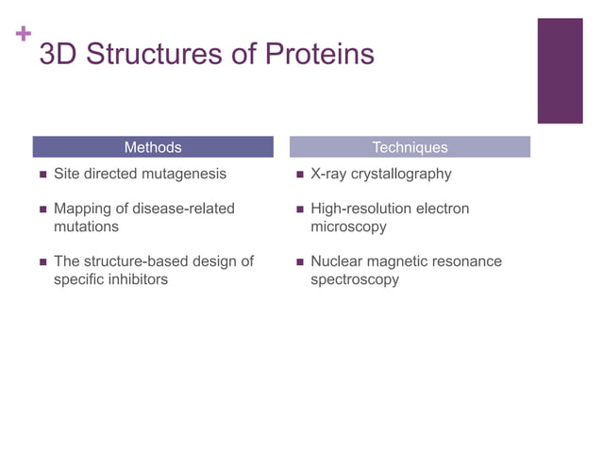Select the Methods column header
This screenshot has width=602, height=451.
pyautogui.click(x=153, y=147)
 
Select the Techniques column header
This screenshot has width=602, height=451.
pyautogui.click(x=410, y=147)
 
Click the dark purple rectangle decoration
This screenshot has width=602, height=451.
pyautogui.click(x=560, y=71)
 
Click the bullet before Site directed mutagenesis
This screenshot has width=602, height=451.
pyautogui.click(x=42, y=175)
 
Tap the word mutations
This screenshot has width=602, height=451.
pyautogui.click(x=86, y=227)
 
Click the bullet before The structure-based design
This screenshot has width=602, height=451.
pyautogui.click(x=42, y=262)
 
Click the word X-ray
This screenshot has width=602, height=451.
pyautogui.click(x=328, y=175)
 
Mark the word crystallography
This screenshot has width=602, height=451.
pyautogui.click(x=401, y=175)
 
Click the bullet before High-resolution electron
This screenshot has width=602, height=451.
pyautogui.click(x=299, y=209)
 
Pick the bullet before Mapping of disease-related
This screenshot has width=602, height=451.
pyautogui.click(x=42, y=209)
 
